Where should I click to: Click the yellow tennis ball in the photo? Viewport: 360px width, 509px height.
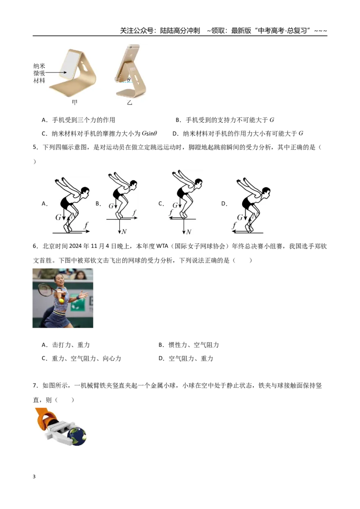[x=61, y=300]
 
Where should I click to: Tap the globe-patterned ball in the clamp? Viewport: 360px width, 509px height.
[x=76, y=436]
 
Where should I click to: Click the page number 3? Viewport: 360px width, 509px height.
[x=34, y=477]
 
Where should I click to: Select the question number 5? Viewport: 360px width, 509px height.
[x=35, y=147]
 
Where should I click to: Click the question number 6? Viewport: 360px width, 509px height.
[x=35, y=246]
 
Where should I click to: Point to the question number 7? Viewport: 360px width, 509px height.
[x=35, y=386]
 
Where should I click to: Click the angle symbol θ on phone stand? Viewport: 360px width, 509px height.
[x=129, y=80]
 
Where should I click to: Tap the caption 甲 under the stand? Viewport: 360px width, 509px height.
[x=74, y=103]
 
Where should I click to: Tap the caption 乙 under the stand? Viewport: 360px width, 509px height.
[x=130, y=103]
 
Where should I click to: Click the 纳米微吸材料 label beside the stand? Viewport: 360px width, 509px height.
[x=39, y=73]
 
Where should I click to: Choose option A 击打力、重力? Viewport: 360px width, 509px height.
[x=66, y=345]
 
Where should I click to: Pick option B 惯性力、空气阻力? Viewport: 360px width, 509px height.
[x=189, y=345]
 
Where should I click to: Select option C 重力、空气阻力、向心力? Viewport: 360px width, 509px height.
[x=81, y=358]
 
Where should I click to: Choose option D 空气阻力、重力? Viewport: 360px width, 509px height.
[x=186, y=358]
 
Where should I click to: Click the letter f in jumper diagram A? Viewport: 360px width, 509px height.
[x=86, y=225]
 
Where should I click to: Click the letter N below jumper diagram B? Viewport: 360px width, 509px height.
[x=124, y=232]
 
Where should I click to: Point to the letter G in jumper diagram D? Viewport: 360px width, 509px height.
[x=240, y=217]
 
